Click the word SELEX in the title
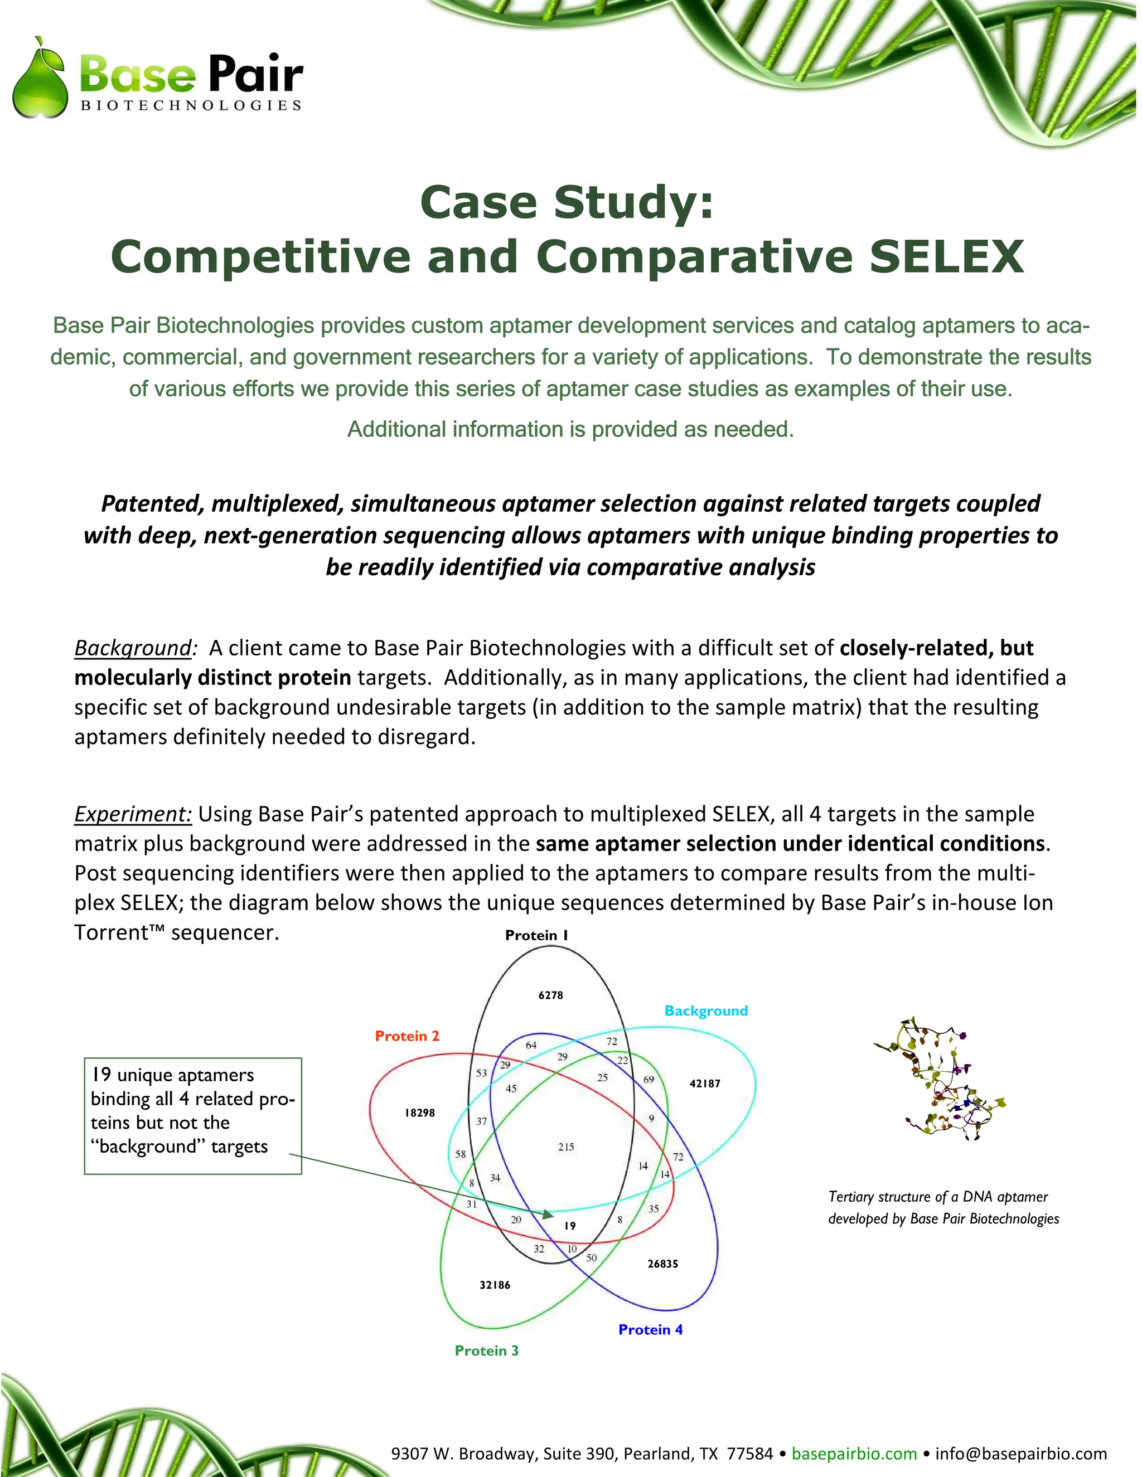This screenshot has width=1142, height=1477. tap(946, 256)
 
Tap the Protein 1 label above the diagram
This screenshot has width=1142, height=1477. tap(536, 935)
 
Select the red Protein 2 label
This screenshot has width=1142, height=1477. tap(407, 1036)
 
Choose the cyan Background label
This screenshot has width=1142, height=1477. tap(705, 1011)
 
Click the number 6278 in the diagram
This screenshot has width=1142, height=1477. tap(551, 995)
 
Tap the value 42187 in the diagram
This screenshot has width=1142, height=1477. tap(704, 1084)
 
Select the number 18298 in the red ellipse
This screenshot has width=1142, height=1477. tap(420, 1113)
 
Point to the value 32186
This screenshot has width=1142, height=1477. tap(495, 1285)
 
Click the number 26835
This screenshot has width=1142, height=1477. tap(662, 1264)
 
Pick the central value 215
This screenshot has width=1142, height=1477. tap(567, 1147)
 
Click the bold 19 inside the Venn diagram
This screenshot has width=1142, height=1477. tap(570, 1226)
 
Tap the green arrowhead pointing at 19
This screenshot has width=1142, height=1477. tap(549, 1214)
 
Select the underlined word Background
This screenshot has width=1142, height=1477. tap(133, 648)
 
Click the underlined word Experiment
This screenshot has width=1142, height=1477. tap(133, 814)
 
